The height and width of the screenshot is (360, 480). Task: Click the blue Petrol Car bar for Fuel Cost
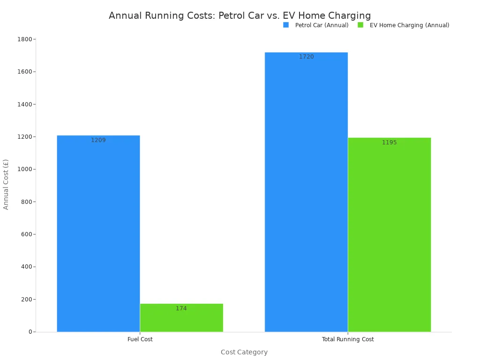98,234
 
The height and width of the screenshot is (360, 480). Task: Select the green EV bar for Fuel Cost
181,321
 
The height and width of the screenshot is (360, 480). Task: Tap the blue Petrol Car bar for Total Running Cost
306,197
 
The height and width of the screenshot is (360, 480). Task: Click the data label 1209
98,140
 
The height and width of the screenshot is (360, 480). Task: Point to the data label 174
181,308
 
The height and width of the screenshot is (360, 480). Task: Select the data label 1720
307,57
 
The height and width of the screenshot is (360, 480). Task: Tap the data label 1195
389,142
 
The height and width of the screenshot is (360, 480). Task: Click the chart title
240,15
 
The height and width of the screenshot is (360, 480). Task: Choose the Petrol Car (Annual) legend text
322,25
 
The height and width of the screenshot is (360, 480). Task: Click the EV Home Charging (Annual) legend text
409,25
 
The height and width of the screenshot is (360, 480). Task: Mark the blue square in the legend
286,25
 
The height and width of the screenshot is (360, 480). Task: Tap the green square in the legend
360,25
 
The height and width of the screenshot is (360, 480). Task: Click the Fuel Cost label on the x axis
140,339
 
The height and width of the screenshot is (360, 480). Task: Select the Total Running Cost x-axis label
348,339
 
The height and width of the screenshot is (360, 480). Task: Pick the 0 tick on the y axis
30,332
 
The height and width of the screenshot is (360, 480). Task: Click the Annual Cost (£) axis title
6,184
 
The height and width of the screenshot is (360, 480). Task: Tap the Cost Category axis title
244,352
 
